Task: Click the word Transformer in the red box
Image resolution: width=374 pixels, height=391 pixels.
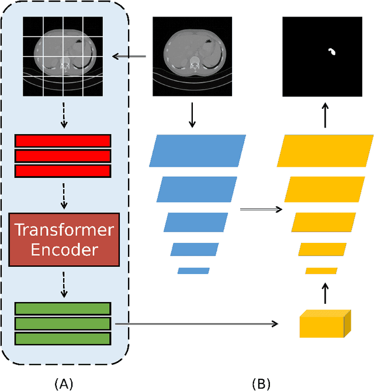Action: [x=64, y=230]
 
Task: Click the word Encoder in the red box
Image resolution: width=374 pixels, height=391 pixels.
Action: [x=64, y=250]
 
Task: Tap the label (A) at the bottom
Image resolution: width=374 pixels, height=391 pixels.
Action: [x=64, y=384]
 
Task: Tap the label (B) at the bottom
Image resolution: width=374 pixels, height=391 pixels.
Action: [x=261, y=384]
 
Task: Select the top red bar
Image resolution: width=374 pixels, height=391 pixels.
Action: [x=63, y=140]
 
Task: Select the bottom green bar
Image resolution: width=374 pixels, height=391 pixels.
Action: [x=63, y=338]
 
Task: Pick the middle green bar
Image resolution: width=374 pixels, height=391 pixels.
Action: [x=63, y=323]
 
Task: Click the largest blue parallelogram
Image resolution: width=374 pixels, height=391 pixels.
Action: [x=198, y=150]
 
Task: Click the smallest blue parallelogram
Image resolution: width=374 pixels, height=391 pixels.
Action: [x=193, y=271]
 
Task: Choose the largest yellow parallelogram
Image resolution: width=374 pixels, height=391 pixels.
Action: [x=325, y=150]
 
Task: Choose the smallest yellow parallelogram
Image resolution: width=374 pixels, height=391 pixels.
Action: [x=321, y=271]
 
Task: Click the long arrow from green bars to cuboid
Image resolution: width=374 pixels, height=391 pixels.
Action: [x=196, y=323]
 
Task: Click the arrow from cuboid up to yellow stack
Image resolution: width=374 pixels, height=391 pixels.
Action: [x=325, y=291]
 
